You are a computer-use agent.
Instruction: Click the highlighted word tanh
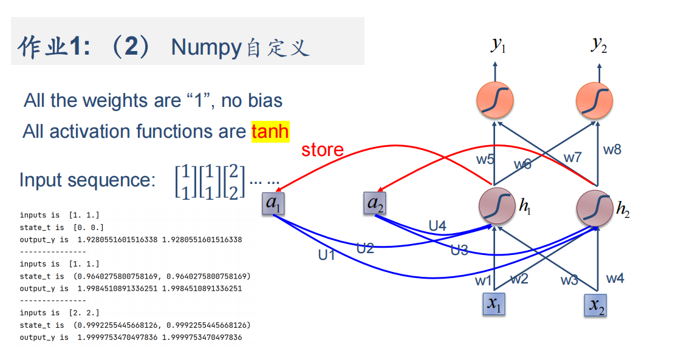click(x=270, y=131)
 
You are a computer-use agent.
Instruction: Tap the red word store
click(x=322, y=150)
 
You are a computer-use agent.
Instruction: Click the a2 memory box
click(x=375, y=203)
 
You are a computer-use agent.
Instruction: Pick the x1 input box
click(x=494, y=304)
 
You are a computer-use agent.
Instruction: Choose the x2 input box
click(x=596, y=305)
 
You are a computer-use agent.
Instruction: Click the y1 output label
click(x=498, y=45)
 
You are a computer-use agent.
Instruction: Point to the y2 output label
click(x=598, y=45)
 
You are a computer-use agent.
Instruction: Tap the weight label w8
click(x=612, y=149)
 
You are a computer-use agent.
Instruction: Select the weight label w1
click(x=483, y=280)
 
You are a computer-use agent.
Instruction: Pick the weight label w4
click(x=615, y=279)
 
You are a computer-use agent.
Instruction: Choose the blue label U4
click(x=437, y=226)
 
